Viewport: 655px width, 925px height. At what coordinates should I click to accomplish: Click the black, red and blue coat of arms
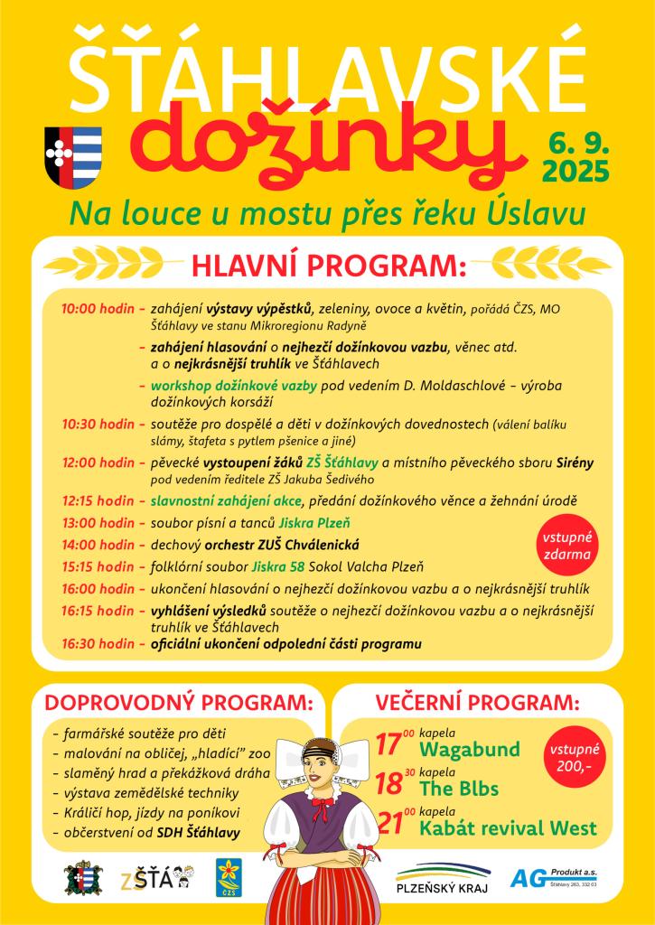pos(73,157)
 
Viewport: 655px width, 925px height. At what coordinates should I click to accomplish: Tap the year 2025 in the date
pos(574,170)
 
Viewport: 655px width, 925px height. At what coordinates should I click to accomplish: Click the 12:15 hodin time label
pos(97,500)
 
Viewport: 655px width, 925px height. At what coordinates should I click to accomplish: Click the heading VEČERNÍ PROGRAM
pos(476,702)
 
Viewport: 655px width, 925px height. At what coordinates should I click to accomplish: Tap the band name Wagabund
pos(470,750)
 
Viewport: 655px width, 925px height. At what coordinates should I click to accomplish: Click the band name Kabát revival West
pos(508,827)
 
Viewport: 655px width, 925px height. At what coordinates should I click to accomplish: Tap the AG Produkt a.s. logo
pos(553,877)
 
